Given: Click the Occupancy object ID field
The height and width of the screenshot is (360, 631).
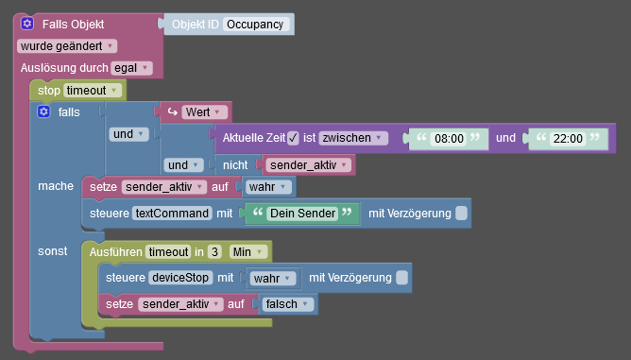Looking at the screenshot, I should (x=257, y=25).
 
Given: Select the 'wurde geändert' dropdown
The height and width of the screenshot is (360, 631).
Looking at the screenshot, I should (x=66, y=45).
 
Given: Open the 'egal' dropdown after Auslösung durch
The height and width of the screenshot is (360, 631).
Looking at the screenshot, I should (x=130, y=68).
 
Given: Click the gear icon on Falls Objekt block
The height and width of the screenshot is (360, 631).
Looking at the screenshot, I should (x=28, y=24).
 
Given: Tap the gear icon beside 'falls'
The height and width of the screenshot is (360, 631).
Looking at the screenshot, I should (x=43, y=111).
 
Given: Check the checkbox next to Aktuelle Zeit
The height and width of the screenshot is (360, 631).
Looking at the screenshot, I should (x=293, y=138).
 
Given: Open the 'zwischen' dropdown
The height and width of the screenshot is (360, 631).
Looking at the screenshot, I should (x=352, y=138).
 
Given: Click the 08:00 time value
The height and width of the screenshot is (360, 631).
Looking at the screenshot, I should (x=448, y=139).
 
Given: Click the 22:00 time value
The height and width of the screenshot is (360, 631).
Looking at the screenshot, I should (x=569, y=139).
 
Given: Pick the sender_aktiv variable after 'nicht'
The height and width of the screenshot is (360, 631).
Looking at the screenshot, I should (x=306, y=164).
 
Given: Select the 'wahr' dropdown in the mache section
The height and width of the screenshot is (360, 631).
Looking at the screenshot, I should (x=268, y=187).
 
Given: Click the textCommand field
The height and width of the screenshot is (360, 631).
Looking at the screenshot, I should (x=172, y=214).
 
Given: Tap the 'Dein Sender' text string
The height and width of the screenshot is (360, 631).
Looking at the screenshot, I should (x=302, y=214).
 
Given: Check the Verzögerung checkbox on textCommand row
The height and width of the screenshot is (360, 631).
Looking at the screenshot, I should (x=461, y=214).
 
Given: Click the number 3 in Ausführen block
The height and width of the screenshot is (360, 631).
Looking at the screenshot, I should (x=214, y=251).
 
